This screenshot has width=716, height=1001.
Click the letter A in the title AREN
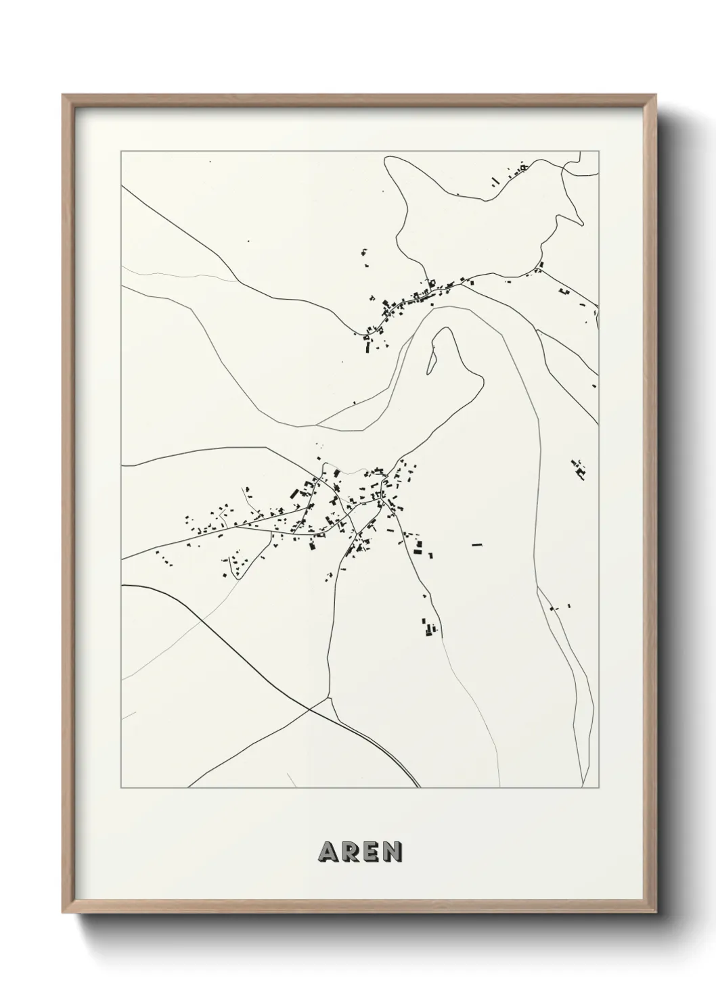click(328, 852)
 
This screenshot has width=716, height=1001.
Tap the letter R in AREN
click(350, 852)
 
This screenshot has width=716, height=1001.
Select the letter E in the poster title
click(370, 852)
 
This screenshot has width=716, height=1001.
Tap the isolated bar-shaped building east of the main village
click(477, 544)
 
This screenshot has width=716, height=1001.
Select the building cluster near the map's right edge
click(578, 469)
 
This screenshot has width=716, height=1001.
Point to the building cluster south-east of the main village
click(429, 628)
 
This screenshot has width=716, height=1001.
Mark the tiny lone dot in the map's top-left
click(210, 162)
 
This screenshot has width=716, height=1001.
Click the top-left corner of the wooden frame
click(63, 95)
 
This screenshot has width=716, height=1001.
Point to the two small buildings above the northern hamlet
click(365, 254)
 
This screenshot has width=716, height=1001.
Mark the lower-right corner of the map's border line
click(599, 787)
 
